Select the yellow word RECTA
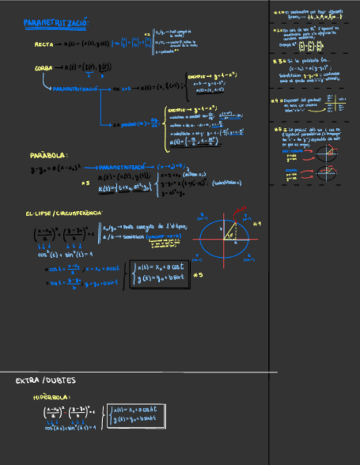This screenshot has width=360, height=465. pyautogui.click(x=44, y=44)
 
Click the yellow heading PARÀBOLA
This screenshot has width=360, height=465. pyautogui.click(x=49, y=156)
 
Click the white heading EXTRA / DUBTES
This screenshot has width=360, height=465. pyautogui.click(x=46, y=381)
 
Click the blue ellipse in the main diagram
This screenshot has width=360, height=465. pyautogui.click(x=223, y=239)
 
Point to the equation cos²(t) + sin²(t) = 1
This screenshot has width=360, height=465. pyautogui.click(x=65, y=254)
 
